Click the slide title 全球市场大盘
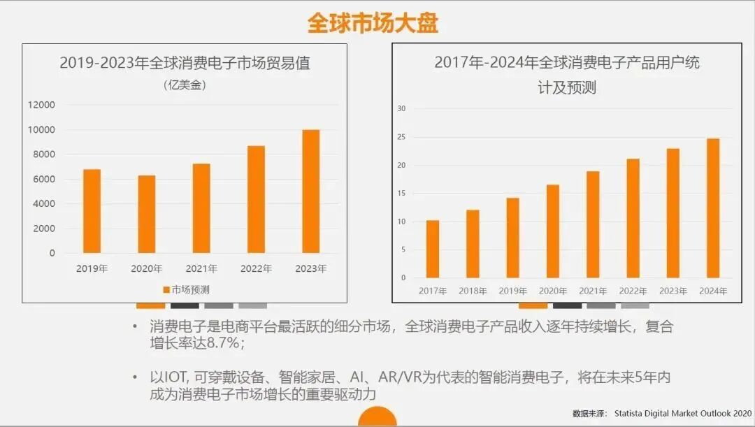pyautogui.click(x=373, y=23)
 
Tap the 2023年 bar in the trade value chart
pyautogui.click(x=310, y=191)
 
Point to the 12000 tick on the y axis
pyautogui.click(x=41, y=105)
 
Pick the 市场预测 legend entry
pyautogui.click(x=186, y=289)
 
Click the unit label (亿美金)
pyautogui.click(x=184, y=86)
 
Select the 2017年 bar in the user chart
pyautogui.click(x=433, y=249)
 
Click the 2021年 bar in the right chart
pyautogui.click(x=593, y=224)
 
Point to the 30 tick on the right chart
pyautogui.click(x=401, y=108)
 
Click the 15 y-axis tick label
pyautogui.click(x=401, y=194)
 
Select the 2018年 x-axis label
pyautogui.click(x=473, y=291)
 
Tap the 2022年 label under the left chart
pyautogui.click(x=256, y=268)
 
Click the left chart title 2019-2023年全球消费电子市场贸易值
pyautogui.click(x=185, y=63)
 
